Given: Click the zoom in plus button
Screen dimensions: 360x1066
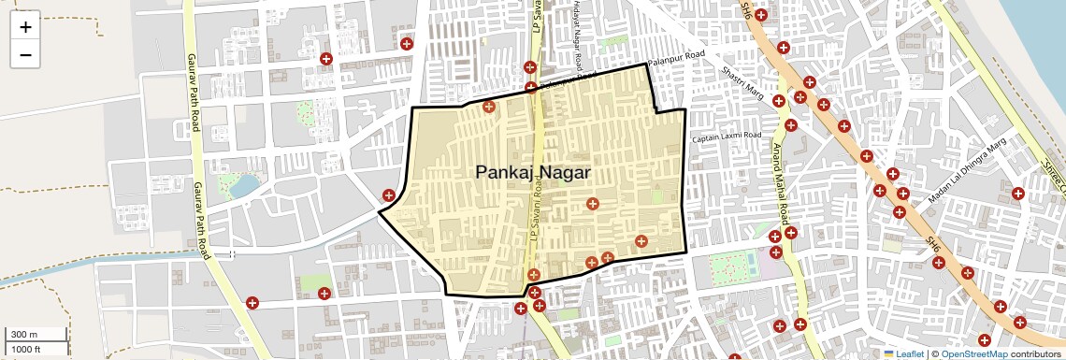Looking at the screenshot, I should coord(25,26).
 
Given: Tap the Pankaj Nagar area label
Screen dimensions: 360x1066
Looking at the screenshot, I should coord(533,172).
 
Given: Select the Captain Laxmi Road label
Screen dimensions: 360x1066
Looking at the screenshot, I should coord(727,138).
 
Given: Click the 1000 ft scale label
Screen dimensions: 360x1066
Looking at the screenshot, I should coord(26,349).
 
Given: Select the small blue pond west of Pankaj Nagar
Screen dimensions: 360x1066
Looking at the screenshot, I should coord(244,186).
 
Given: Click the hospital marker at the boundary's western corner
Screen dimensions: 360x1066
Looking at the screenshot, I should coord(389,194).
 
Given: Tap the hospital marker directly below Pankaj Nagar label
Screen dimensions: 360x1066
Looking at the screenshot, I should coord(592,203).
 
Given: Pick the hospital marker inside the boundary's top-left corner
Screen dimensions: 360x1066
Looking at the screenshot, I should coord(488,107).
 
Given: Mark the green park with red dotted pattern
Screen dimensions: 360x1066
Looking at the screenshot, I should coord(732,267).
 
